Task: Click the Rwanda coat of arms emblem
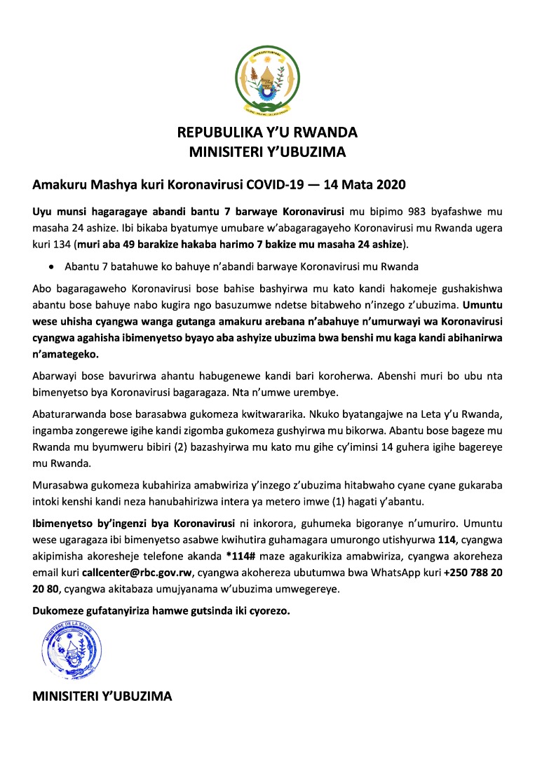266,81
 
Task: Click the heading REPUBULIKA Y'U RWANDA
267,132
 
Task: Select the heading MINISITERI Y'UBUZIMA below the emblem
267,151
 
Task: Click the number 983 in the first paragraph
417,210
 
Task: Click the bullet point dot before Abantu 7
50,266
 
